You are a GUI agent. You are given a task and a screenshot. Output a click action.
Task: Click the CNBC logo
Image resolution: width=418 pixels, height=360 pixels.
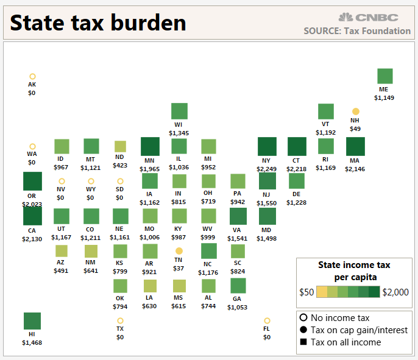(x=369, y=17)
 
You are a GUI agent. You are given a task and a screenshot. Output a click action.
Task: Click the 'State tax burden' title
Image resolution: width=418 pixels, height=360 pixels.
(x=98, y=23)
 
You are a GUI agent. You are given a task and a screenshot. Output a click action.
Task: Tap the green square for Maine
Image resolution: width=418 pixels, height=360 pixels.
(x=385, y=76)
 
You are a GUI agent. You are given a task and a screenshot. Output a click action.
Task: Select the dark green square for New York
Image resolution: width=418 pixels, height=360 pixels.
(x=267, y=146)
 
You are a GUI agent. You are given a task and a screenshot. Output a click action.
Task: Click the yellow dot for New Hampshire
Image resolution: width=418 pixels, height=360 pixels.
(x=355, y=111)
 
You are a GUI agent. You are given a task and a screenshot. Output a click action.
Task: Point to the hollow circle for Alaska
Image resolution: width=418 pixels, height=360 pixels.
(x=32, y=76)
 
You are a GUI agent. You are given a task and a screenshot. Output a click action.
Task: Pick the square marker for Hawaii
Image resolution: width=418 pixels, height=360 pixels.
(x=32, y=321)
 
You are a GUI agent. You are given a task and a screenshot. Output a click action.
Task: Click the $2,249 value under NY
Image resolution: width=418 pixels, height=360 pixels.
(x=267, y=169)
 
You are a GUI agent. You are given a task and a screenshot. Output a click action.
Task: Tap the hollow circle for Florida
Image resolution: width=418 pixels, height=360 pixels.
(x=267, y=320)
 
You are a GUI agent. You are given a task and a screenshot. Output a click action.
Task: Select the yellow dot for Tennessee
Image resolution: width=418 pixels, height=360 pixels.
(x=179, y=251)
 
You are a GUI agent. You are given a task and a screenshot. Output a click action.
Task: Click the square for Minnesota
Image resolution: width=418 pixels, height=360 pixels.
(x=150, y=147)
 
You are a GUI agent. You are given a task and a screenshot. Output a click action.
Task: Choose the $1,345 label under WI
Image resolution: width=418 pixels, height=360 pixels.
(x=179, y=133)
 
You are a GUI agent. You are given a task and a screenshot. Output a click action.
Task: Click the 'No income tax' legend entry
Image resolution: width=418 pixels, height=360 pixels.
(x=340, y=318)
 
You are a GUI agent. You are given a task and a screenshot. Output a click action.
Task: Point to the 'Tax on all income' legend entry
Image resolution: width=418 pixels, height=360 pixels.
(x=345, y=342)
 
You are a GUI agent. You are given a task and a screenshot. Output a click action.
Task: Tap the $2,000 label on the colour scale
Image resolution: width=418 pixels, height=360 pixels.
(x=395, y=292)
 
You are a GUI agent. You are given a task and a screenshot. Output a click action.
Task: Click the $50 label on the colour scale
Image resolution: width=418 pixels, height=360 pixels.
(x=306, y=292)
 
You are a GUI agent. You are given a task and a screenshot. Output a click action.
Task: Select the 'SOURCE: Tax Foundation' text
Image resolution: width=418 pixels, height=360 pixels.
(x=357, y=30)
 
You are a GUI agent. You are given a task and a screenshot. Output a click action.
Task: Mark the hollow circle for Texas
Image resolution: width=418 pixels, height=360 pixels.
(x=121, y=320)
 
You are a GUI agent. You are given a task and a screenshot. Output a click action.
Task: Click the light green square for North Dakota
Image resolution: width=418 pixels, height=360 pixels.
(x=121, y=146)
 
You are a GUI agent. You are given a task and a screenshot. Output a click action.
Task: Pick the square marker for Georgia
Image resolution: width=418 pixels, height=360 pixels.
(x=238, y=286)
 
